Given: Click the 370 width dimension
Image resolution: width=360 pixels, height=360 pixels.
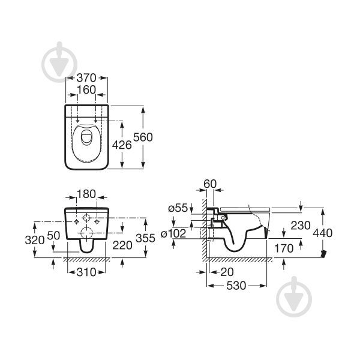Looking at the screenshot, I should tap(86, 78).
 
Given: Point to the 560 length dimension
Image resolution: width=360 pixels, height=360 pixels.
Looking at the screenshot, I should tap(144, 137).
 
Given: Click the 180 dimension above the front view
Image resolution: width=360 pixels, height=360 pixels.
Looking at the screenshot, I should tap(86, 194).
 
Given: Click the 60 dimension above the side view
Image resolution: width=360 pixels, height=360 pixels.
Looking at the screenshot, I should tap(209, 183).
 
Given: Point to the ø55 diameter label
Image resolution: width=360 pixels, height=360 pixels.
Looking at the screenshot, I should tap(178, 208).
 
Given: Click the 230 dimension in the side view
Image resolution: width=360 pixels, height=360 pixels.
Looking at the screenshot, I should tap(284, 226).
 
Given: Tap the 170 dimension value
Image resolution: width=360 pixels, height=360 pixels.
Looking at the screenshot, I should tap(284, 247).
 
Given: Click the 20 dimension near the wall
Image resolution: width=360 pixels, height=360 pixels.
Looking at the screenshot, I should tap(226, 272).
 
